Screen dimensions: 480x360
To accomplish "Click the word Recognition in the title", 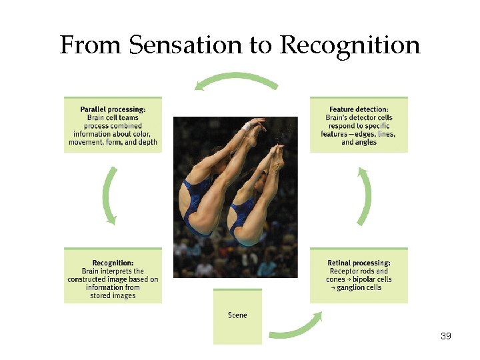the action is coord(350,45).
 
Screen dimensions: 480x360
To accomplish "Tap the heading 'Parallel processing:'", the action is coord(113,109).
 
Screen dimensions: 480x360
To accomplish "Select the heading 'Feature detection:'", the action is coord(359,109).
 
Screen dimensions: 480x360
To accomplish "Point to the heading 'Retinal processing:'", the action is coord(359,263).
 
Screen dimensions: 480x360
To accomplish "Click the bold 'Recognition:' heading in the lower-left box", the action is coord(113,263).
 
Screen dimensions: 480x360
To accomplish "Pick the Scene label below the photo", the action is coord(237,315).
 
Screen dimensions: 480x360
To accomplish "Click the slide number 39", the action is coord(446,336).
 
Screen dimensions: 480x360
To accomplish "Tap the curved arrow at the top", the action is coord(236,82).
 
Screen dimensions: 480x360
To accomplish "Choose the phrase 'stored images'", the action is coord(113,296).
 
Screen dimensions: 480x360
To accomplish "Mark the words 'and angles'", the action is coord(359,142).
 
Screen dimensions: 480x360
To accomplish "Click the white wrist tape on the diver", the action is coord(246,126).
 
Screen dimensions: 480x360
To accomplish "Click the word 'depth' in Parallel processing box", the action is coord(146,142).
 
